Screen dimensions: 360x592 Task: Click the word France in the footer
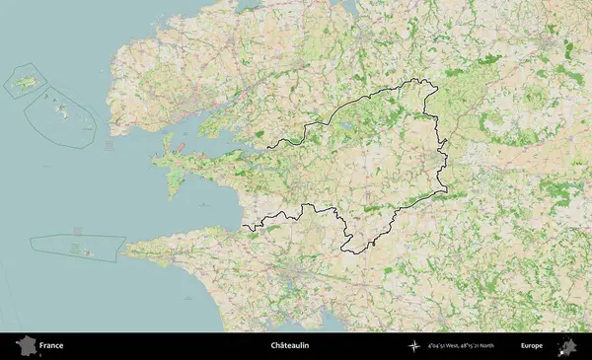(x=51, y=346)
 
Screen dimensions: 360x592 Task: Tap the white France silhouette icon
(x=25, y=346)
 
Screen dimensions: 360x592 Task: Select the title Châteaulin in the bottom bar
(x=290, y=346)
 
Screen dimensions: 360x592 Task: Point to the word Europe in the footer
(x=532, y=346)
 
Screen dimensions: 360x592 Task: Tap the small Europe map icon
(x=568, y=346)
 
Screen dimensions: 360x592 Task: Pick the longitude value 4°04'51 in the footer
(x=438, y=347)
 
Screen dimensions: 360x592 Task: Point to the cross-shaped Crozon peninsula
(x=178, y=168)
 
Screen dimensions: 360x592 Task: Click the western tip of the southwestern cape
(x=123, y=253)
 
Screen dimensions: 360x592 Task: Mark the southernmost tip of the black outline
(x=346, y=250)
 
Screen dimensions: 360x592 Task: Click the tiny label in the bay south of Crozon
(x=201, y=204)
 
